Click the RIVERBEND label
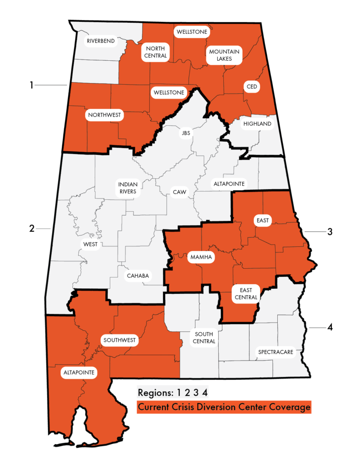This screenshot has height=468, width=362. tap(100, 42)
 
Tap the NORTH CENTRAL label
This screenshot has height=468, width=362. tap(156, 52)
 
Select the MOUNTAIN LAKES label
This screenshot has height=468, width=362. tap(224, 55)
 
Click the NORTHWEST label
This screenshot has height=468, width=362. tap(105, 115)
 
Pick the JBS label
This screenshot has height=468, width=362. tap(185, 133)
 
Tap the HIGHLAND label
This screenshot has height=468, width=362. tap(257, 124)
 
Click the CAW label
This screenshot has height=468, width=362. tap(179, 192)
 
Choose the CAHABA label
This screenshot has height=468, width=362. tap(138, 276)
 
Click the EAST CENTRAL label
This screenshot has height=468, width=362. tap(246, 293)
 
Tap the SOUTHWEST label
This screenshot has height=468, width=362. tap(120, 340)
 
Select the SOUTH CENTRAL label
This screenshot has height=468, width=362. tap(204, 338)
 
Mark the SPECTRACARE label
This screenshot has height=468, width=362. tap(274, 352)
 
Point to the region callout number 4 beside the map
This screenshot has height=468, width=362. tap(330, 327)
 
